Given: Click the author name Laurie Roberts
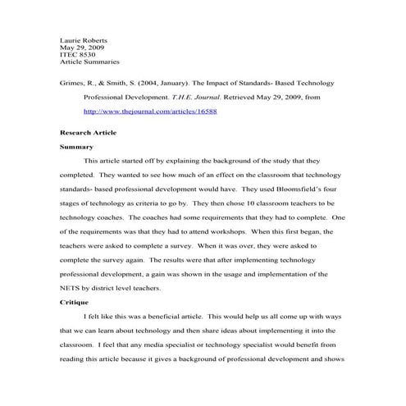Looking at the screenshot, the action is pyautogui.click(x=84, y=39).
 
